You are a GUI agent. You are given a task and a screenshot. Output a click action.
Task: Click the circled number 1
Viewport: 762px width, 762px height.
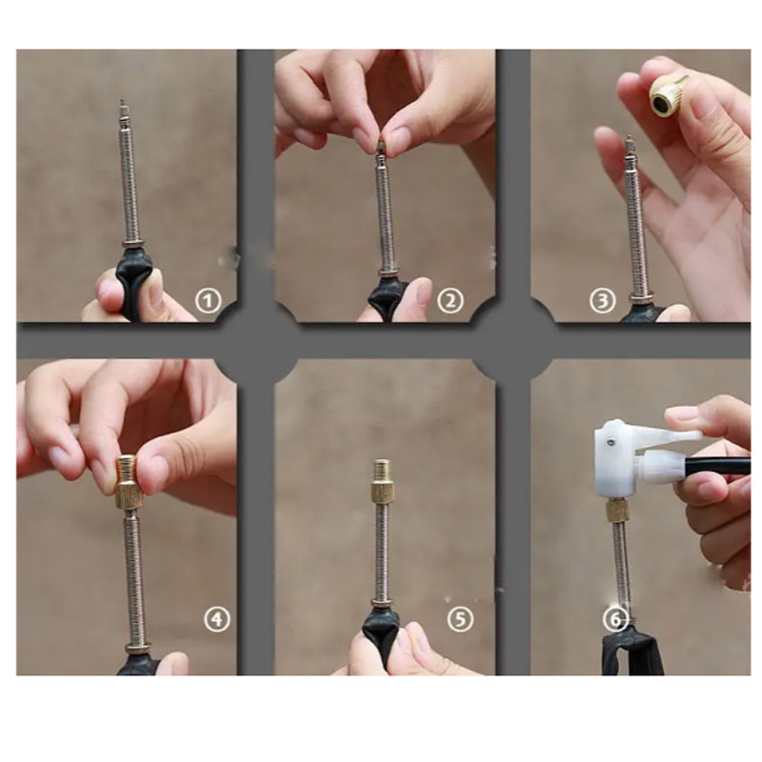208,301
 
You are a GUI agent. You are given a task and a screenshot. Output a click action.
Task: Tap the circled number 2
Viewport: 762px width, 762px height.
451,301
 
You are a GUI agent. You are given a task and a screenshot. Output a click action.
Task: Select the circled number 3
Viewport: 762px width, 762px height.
602,301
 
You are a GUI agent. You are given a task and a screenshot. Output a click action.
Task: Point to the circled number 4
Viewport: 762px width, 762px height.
217,619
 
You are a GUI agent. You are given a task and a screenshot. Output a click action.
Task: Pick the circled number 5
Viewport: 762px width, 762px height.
460,619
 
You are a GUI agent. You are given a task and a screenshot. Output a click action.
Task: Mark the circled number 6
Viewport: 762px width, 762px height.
615,620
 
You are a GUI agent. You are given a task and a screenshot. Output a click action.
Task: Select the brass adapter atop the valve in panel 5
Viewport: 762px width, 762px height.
383,481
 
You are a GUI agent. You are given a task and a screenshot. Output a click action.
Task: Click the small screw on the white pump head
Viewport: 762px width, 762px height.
612,441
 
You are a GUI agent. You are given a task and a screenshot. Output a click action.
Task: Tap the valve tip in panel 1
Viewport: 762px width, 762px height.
123,110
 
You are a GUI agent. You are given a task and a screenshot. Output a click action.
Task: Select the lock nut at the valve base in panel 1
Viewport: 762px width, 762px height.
132,244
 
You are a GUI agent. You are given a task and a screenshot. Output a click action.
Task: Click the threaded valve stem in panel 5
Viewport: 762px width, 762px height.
383,551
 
